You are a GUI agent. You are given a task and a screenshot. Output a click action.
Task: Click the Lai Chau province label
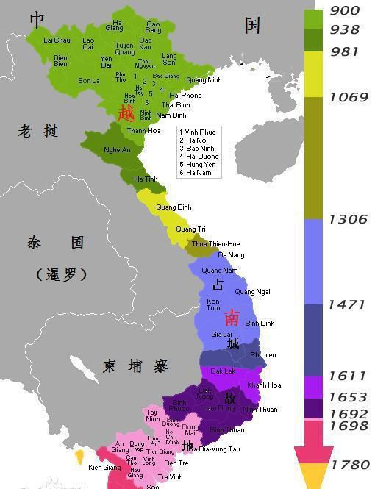click(57, 40)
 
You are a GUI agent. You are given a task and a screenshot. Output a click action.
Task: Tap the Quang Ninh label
click(204, 79)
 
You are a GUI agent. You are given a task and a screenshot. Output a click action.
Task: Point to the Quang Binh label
click(174, 207)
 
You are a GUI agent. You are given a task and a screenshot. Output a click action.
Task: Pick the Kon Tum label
click(213, 304)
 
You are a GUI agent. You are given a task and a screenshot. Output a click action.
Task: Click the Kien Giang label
click(104, 468)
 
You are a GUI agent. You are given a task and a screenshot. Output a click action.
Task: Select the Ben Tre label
click(176, 463)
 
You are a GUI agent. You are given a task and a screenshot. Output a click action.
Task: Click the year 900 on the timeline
click(344, 10)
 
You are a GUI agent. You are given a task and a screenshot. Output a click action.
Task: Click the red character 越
click(126, 113)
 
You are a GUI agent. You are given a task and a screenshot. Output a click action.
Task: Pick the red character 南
click(232, 317)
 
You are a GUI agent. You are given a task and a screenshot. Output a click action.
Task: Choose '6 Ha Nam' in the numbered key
click(195, 173)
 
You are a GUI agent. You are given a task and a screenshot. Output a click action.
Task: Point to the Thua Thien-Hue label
click(215, 243)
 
